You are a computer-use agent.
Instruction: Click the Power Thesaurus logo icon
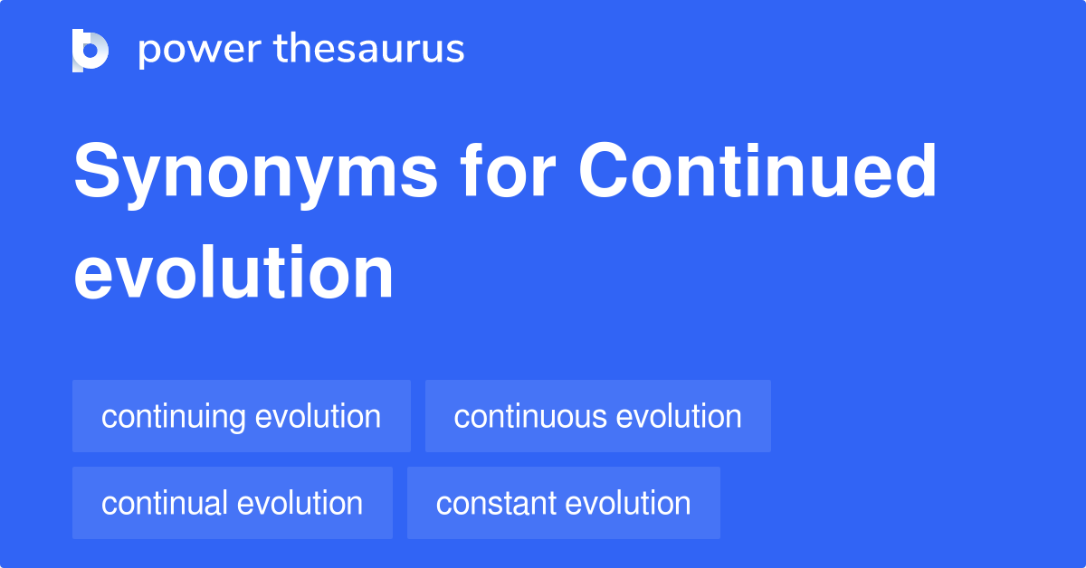click(90, 50)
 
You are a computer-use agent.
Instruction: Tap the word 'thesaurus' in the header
click(369, 50)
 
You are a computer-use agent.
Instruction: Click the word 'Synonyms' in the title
click(256, 174)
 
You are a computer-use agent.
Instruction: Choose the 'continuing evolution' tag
click(241, 417)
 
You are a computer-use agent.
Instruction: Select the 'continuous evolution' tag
click(597, 417)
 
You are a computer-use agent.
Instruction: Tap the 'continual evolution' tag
click(232, 504)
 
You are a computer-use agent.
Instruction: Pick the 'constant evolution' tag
click(563, 504)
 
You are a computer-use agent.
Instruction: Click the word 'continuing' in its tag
click(174, 417)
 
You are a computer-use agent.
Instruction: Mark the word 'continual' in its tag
click(165, 504)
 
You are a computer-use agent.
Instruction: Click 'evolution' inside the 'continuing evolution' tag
click(318, 417)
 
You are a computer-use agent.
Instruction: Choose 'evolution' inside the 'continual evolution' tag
click(300, 504)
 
